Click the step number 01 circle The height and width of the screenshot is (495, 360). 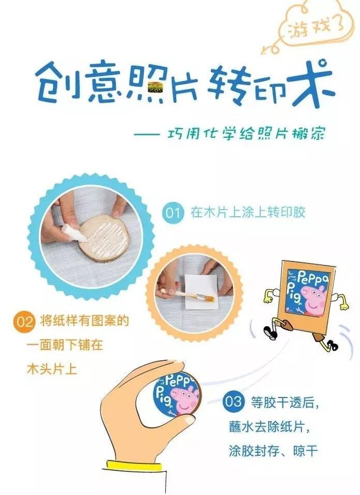[173, 213]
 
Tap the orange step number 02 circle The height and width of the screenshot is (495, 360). [25, 322]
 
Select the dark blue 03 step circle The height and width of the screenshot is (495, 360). [233, 402]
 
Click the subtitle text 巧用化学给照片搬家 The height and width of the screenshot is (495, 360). [246, 134]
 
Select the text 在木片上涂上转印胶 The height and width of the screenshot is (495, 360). [247, 212]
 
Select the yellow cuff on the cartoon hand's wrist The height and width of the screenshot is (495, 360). [134, 467]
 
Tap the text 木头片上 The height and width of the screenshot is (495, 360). [52, 369]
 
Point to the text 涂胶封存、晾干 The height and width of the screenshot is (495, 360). [273, 451]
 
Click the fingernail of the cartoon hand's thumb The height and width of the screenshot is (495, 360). [190, 420]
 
